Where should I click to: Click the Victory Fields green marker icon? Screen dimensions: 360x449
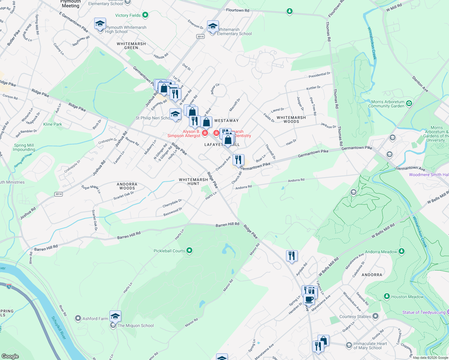point(145,15)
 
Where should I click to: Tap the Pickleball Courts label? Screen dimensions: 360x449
point(169,251)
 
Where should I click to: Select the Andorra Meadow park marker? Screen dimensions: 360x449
point(402,252)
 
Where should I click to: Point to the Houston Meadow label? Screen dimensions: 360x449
point(407,297)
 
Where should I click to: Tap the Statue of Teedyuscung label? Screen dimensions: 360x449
point(423,312)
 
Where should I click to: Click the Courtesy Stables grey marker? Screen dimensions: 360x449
point(375,316)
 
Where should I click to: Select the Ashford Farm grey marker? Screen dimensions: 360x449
point(78,318)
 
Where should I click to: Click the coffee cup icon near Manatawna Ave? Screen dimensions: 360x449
point(309,299)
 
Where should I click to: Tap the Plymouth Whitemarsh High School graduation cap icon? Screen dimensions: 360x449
point(100,24)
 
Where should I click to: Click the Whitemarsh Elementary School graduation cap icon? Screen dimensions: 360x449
point(213,26)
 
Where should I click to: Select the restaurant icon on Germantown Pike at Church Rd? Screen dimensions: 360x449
point(238,160)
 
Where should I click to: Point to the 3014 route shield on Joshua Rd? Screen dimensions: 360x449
point(59,194)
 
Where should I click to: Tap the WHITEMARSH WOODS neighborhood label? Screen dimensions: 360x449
point(291,119)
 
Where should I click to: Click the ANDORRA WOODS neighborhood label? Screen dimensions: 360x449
point(127,186)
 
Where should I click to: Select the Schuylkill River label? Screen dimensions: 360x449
point(59,328)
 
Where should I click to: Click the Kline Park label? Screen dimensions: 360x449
point(53,124)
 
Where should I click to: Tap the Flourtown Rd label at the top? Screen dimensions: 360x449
point(237,10)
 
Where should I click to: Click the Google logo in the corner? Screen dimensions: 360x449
point(10,356)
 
